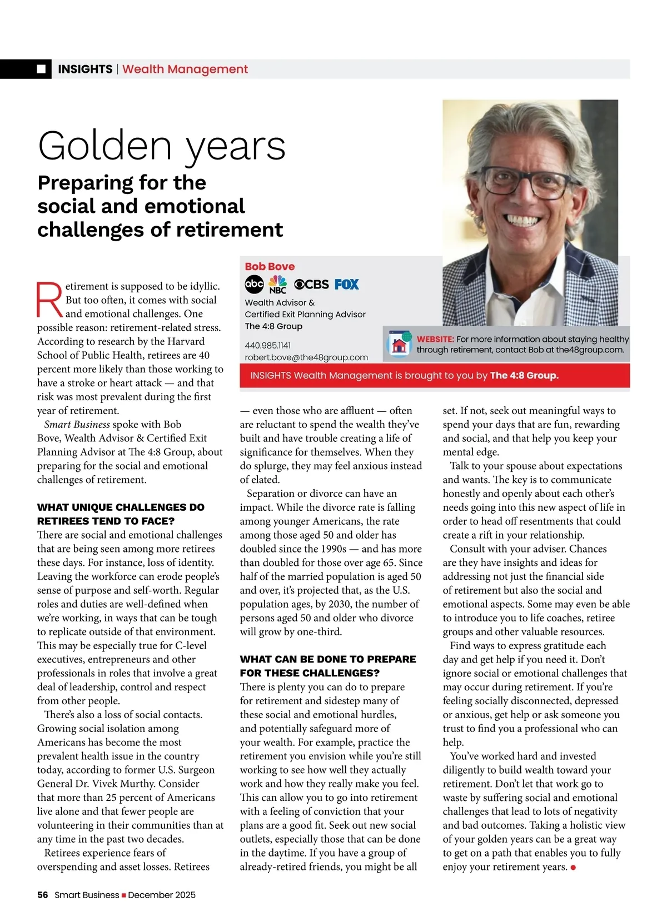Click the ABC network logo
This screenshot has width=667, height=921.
click(254, 284)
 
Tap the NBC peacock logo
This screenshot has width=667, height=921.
click(277, 284)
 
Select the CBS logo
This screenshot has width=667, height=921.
click(311, 284)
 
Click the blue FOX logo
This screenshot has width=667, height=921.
click(347, 284)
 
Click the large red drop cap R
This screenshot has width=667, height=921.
click(49, 300)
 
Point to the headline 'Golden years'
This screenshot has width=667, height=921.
click(161, 146)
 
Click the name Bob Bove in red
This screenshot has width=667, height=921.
click(270, 266)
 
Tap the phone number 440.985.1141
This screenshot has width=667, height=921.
click(268, 345)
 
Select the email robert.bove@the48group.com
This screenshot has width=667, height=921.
click(306, 357)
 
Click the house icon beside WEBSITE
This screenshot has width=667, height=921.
click(399, 345)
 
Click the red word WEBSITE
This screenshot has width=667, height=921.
click(435, 339)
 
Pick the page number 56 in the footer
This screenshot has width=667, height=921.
click(43, 895)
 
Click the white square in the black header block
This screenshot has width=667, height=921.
click(41, 69)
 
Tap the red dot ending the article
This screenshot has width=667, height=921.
click(573, 867)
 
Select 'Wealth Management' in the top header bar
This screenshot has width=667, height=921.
click(185, 69)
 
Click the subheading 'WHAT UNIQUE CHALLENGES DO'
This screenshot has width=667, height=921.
click(121, 507)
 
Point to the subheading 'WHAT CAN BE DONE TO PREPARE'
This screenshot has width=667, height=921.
click(328, 659)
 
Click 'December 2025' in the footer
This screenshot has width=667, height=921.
click(162, 895)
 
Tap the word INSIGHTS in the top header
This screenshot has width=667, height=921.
click(85, 69)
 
